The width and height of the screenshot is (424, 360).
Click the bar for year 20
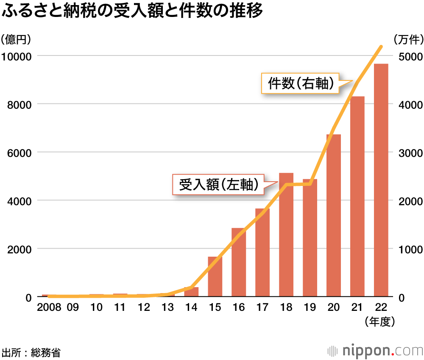click(334, 216)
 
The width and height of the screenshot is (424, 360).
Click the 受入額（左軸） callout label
click(219, 185)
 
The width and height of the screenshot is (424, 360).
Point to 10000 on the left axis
click(17, 56)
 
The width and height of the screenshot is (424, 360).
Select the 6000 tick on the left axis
click(20, 152)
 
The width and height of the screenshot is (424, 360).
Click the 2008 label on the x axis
click(49, 307)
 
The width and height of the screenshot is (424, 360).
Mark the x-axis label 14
click(191, 307)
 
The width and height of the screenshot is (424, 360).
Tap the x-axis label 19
click(310, 307)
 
